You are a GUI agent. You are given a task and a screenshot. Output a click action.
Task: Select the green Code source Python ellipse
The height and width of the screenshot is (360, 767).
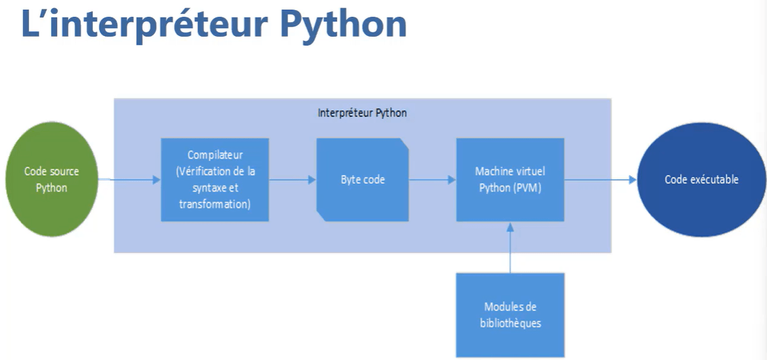(52, 179)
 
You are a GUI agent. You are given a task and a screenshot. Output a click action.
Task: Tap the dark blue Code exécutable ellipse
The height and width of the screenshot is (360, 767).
(701, 179)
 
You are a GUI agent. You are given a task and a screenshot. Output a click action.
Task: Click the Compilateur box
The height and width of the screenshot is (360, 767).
(215, 179)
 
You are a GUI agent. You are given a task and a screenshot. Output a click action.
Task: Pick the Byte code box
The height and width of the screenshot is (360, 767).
(363, 179)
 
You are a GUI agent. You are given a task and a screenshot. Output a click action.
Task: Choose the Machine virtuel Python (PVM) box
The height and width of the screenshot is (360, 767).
(510, 179)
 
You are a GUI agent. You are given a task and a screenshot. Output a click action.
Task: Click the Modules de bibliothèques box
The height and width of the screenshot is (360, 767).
(510, 315)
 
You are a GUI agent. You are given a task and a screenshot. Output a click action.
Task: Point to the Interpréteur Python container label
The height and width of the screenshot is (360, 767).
(363, 114)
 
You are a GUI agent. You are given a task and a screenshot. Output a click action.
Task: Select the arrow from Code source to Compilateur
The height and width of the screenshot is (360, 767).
(130, 180)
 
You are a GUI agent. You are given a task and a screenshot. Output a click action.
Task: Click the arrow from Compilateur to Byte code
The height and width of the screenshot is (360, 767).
(292, 180)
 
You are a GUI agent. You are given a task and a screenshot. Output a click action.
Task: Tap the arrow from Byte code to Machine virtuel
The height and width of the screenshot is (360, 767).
(432, 180)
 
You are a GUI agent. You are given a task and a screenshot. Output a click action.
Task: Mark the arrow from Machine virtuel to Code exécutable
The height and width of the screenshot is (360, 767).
(600, 180)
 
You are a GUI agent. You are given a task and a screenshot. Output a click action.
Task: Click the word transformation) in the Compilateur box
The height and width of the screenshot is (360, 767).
(215, 205)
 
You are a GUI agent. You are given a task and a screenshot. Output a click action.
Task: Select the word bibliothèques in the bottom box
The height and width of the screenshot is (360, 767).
(510, 323)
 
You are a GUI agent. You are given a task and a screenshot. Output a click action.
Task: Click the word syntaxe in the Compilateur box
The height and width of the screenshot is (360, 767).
(200, 188)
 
